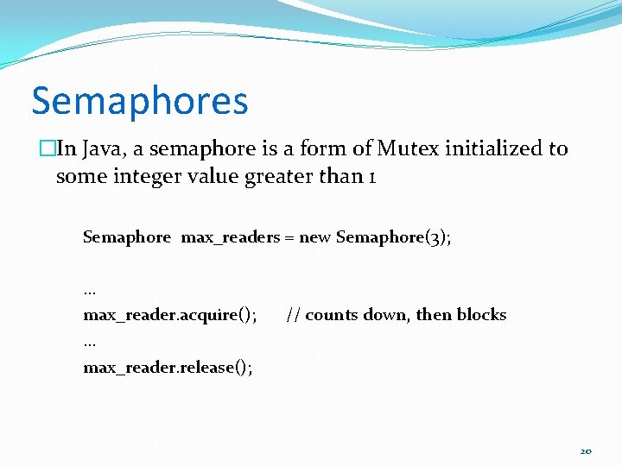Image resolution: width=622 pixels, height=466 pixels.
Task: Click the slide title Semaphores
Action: coord(140,101)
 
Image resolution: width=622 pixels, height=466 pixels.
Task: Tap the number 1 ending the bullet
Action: coord(372,177)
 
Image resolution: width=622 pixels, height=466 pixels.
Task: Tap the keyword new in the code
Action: coord(314,237)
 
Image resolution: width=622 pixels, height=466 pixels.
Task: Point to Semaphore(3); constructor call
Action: coord(393,237)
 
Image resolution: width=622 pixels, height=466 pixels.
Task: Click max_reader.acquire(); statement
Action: coord(169,315)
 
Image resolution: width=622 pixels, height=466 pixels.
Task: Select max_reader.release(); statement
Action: coord(168,368)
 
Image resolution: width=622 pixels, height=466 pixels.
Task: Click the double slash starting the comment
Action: coord(293,315)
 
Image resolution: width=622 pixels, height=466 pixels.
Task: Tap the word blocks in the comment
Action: coord(481,315)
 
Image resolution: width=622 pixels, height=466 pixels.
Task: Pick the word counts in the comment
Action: coord(332,315)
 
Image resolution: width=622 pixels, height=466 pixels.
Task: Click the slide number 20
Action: coord(586,450)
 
